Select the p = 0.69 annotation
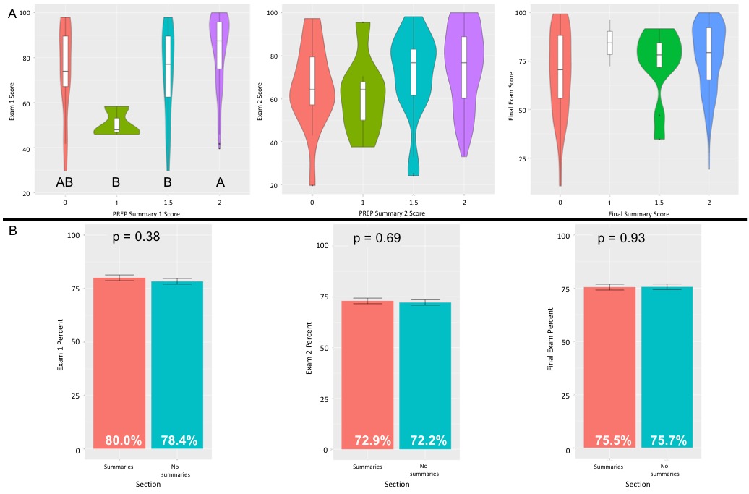click(376, 239)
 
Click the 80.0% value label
click(124, 440)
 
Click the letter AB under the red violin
click(66, 182)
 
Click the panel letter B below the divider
click(12, 232)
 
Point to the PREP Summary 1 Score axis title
click(146, 215)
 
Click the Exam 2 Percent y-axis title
click(309, 347)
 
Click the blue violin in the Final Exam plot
click(709, 80)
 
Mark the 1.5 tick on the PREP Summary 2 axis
click(414, 203)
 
